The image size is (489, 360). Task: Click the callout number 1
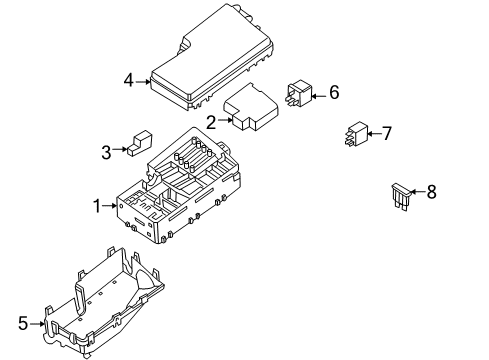pyautogui.click(x=98, y=207)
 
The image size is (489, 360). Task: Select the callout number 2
pyautogui.click(x=212, y=123)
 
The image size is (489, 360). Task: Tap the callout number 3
pyautogui.click(x=107, y=152)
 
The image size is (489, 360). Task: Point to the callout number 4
pyautogui.click(x=128, y=80)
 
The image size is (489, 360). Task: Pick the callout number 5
pyautogui.click(x=23, y=324)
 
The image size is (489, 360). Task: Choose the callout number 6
pyautogui.click(x=334, y=93)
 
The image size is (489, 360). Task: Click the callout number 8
pyautogui.click(x=432, y=191)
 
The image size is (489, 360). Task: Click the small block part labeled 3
pyautogui.click(x=139, y=144)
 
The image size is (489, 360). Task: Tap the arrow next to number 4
pyautogui.click(x=145, y=81)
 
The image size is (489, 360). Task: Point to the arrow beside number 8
pyautogui.click(x=417, y=191)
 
